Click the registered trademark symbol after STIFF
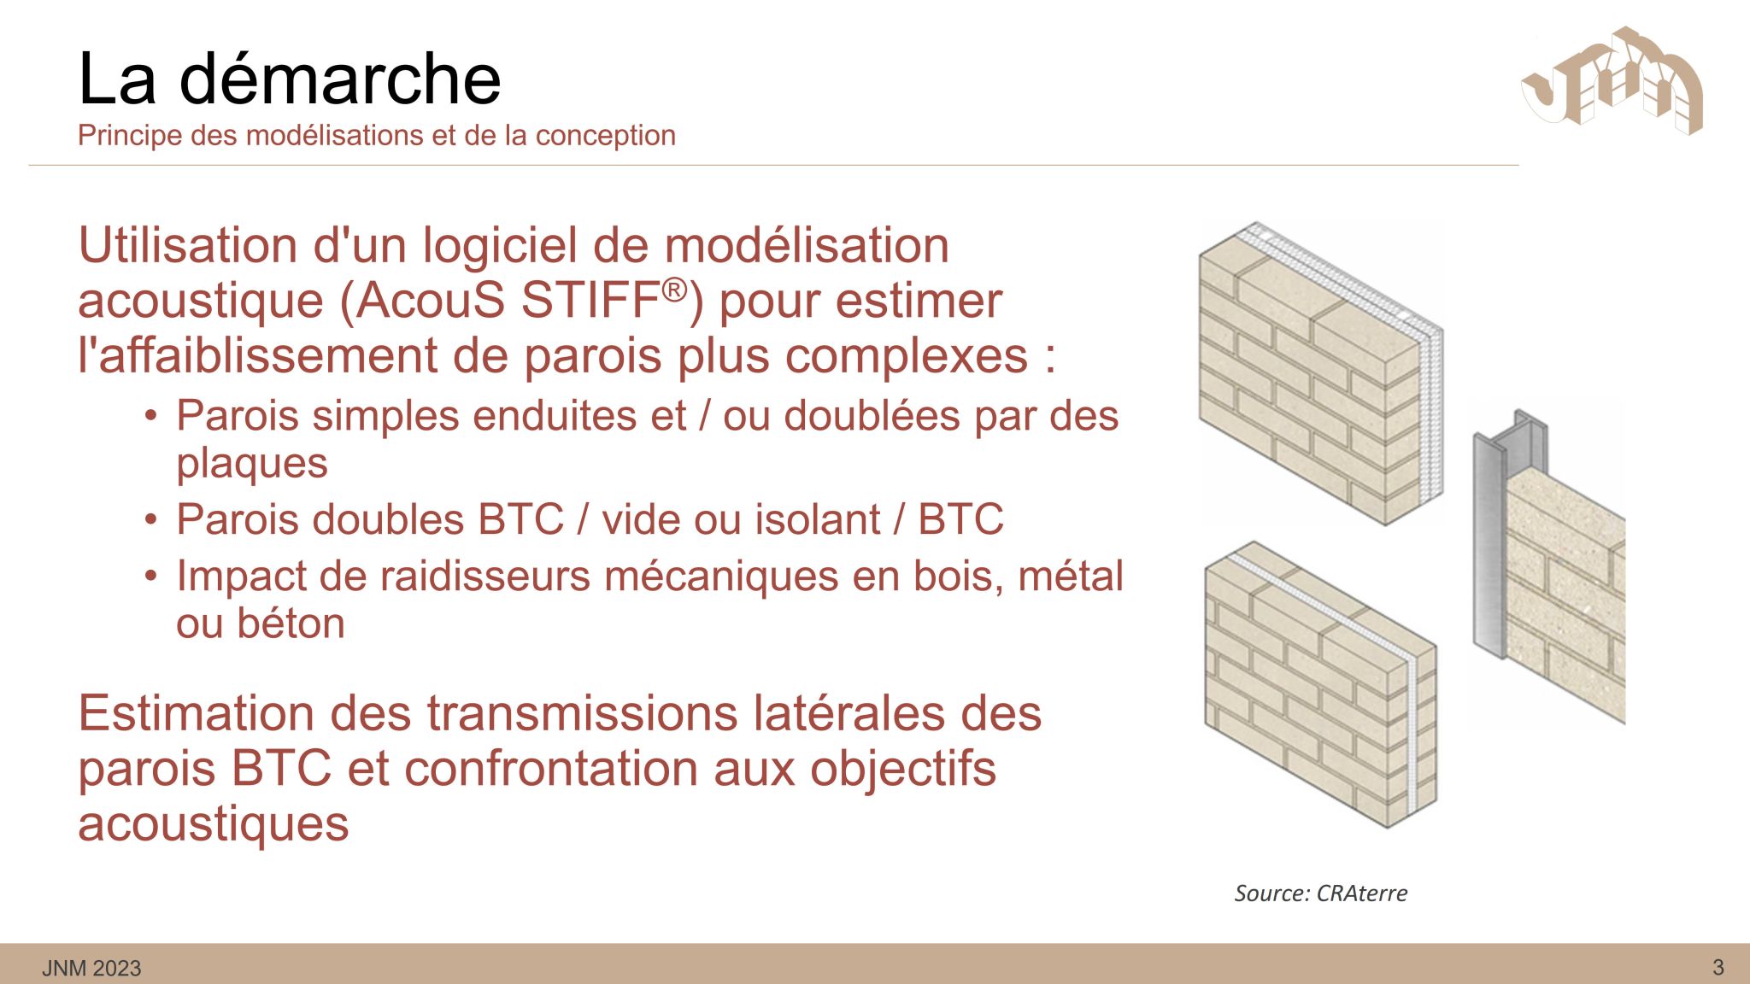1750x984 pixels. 674,290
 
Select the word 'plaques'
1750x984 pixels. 252,465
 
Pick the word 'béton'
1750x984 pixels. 291,623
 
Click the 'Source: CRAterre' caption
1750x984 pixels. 1321,893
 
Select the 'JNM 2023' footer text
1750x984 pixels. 91,968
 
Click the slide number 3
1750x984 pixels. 1718,967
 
